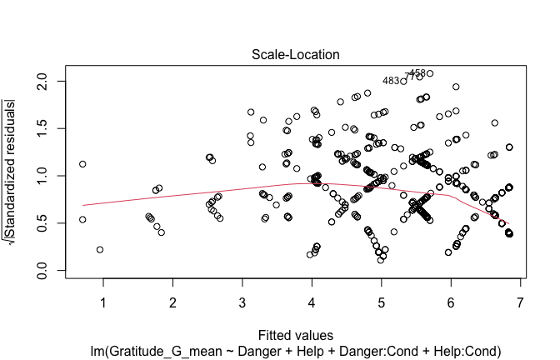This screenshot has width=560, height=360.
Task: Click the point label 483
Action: tap(391, 81)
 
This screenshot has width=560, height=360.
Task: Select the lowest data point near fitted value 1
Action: tap(100, 249)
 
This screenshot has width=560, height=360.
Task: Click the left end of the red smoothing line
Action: tap(82, 204)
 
